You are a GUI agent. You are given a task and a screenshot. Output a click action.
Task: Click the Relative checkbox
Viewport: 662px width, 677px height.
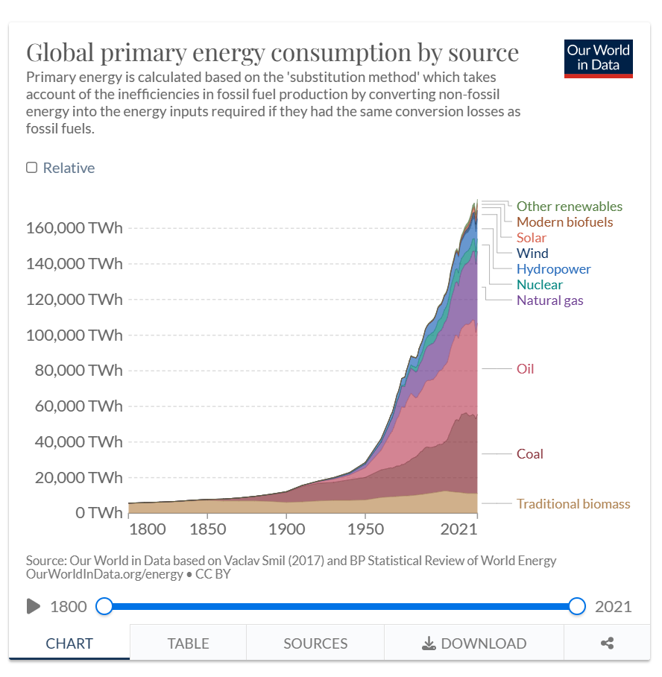(x=32, y=168)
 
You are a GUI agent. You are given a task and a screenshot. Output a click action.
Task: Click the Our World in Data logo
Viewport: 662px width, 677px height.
(x=598, y=58)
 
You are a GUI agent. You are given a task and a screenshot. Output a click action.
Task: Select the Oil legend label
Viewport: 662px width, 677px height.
(x=525, y=369)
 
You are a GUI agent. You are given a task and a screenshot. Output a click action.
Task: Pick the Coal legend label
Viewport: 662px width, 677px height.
(x=529, y=454)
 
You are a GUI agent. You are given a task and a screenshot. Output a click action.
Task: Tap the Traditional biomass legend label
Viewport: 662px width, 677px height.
(x=573, y=504)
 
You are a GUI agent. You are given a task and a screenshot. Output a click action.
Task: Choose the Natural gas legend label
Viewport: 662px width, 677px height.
(x=549, y=300)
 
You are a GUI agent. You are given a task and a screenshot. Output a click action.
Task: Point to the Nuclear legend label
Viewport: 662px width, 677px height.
(x=539, y=285)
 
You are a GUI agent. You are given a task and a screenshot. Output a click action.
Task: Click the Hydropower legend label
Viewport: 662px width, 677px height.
(x=553, y=269)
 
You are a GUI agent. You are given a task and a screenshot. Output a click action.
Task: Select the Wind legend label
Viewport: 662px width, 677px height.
(x=532, y=254)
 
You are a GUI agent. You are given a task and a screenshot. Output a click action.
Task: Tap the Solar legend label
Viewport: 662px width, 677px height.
(x=531, y=238)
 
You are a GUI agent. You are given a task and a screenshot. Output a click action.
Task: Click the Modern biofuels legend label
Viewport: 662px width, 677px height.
(x=564, y=222)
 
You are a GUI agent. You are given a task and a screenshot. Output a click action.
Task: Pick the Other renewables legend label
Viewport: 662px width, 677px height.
(x=569, y=207)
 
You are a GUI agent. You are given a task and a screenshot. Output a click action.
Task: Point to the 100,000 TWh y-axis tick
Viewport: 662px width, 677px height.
(x=75, y=335)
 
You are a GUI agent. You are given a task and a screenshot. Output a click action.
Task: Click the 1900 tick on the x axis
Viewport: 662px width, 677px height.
(x=287, y=529)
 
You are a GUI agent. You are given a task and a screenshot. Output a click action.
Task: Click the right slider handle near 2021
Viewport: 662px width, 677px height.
(x=576, y=606)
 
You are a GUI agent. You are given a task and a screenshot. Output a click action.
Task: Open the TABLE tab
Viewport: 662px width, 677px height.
(x=188, y=643)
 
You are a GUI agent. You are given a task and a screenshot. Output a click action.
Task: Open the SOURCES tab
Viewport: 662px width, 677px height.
(x=315, y=643)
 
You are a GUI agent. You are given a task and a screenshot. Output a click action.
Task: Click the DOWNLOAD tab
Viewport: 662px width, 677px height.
(x=474, y=643)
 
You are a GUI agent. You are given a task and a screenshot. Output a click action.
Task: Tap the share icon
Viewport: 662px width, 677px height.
(x=607, y=643)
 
